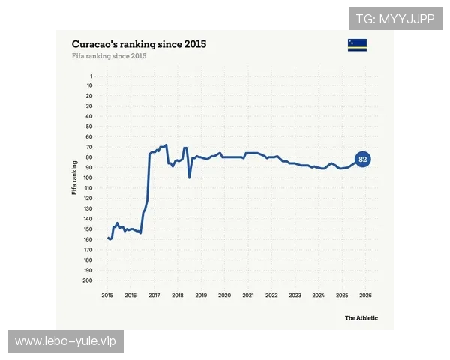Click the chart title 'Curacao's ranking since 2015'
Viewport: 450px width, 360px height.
139,44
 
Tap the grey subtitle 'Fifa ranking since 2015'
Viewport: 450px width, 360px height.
109,56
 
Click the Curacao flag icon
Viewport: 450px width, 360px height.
357,45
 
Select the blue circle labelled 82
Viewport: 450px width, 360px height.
363,159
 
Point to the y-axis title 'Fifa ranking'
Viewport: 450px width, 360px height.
74,178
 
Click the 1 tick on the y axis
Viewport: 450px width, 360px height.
91,76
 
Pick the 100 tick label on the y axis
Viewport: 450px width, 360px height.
88,178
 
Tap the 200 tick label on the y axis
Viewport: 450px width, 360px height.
88,280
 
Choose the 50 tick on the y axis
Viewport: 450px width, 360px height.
89,127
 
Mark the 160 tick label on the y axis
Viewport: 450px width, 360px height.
88,239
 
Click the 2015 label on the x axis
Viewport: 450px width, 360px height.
107,295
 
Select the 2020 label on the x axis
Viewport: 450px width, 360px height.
224,295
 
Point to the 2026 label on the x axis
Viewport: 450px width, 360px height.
366,295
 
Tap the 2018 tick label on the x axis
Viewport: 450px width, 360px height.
178,295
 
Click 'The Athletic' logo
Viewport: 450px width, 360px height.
361,318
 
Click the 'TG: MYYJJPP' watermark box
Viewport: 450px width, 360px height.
395,19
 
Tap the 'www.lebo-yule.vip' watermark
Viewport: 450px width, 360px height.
66,341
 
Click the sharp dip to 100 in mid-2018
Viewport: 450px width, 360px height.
190,178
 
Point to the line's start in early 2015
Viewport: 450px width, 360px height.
109,238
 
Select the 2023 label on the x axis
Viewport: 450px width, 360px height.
295,295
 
